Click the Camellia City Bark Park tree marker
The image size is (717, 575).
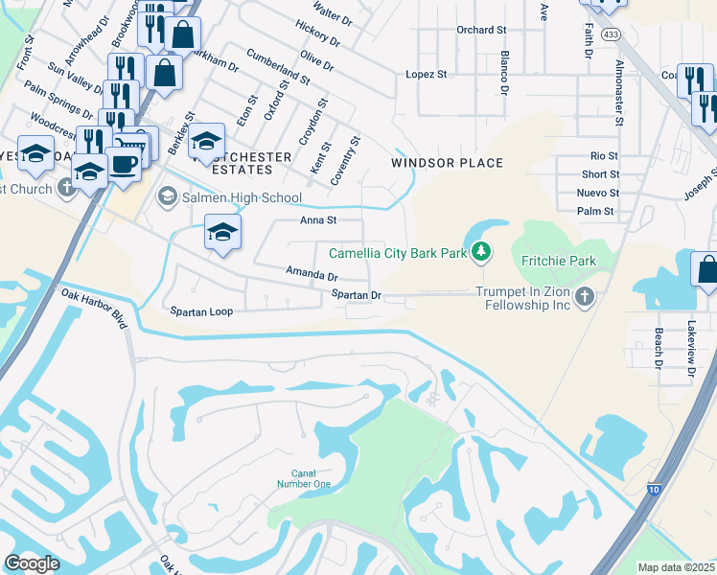480,253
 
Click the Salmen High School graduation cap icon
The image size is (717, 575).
167,197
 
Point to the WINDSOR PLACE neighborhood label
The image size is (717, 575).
447,163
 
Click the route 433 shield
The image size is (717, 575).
611,34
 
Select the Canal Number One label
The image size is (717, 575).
311,478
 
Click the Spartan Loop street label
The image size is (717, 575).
201,311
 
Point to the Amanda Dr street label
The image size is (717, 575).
312,275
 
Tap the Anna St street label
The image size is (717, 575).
318,219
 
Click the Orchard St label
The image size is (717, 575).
481,30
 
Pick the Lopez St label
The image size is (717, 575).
427,74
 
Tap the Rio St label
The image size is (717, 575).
604,155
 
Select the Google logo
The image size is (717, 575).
32,563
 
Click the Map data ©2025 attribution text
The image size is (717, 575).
677,567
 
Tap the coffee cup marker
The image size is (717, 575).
123,163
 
